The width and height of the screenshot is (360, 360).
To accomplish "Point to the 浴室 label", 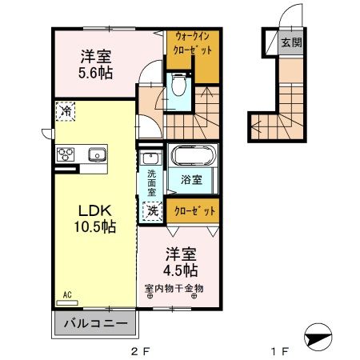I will click(190, 180).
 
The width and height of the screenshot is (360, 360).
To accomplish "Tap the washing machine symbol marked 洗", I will click(151, 211).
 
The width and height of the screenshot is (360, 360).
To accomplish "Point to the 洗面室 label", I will click(150, 182).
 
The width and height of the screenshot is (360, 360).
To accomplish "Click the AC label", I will click(67, 295).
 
